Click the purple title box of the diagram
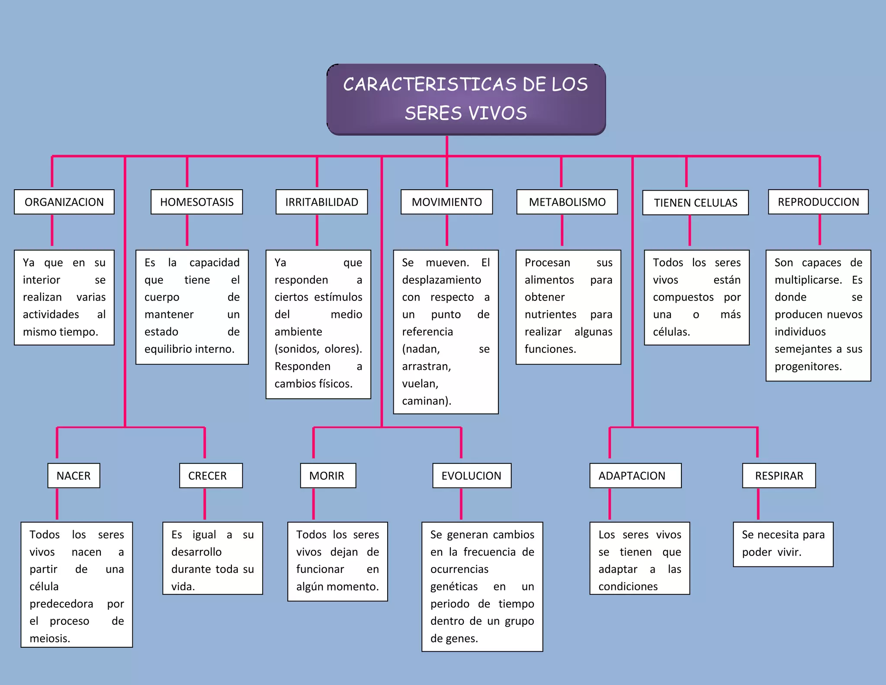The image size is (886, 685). (466, 99)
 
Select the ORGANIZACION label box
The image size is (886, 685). (64, 202)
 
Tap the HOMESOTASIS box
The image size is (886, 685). (196, 202)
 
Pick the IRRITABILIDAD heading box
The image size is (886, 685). (321, 202)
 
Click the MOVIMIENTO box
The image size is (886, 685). (446, 202)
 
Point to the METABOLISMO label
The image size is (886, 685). (567, 202)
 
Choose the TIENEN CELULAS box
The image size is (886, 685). (695, 203)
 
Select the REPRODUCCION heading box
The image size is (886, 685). (818, 202)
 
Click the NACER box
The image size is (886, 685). (74, 475)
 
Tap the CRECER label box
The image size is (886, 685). (211, 475)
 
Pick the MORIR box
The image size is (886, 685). (328, 475)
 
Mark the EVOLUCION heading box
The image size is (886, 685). (472, 475)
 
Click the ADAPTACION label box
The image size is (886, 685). (635, 475)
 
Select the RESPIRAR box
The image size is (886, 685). (779, 475)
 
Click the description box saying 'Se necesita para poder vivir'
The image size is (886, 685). (783, 544)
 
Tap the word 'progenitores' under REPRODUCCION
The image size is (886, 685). (807, 366)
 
